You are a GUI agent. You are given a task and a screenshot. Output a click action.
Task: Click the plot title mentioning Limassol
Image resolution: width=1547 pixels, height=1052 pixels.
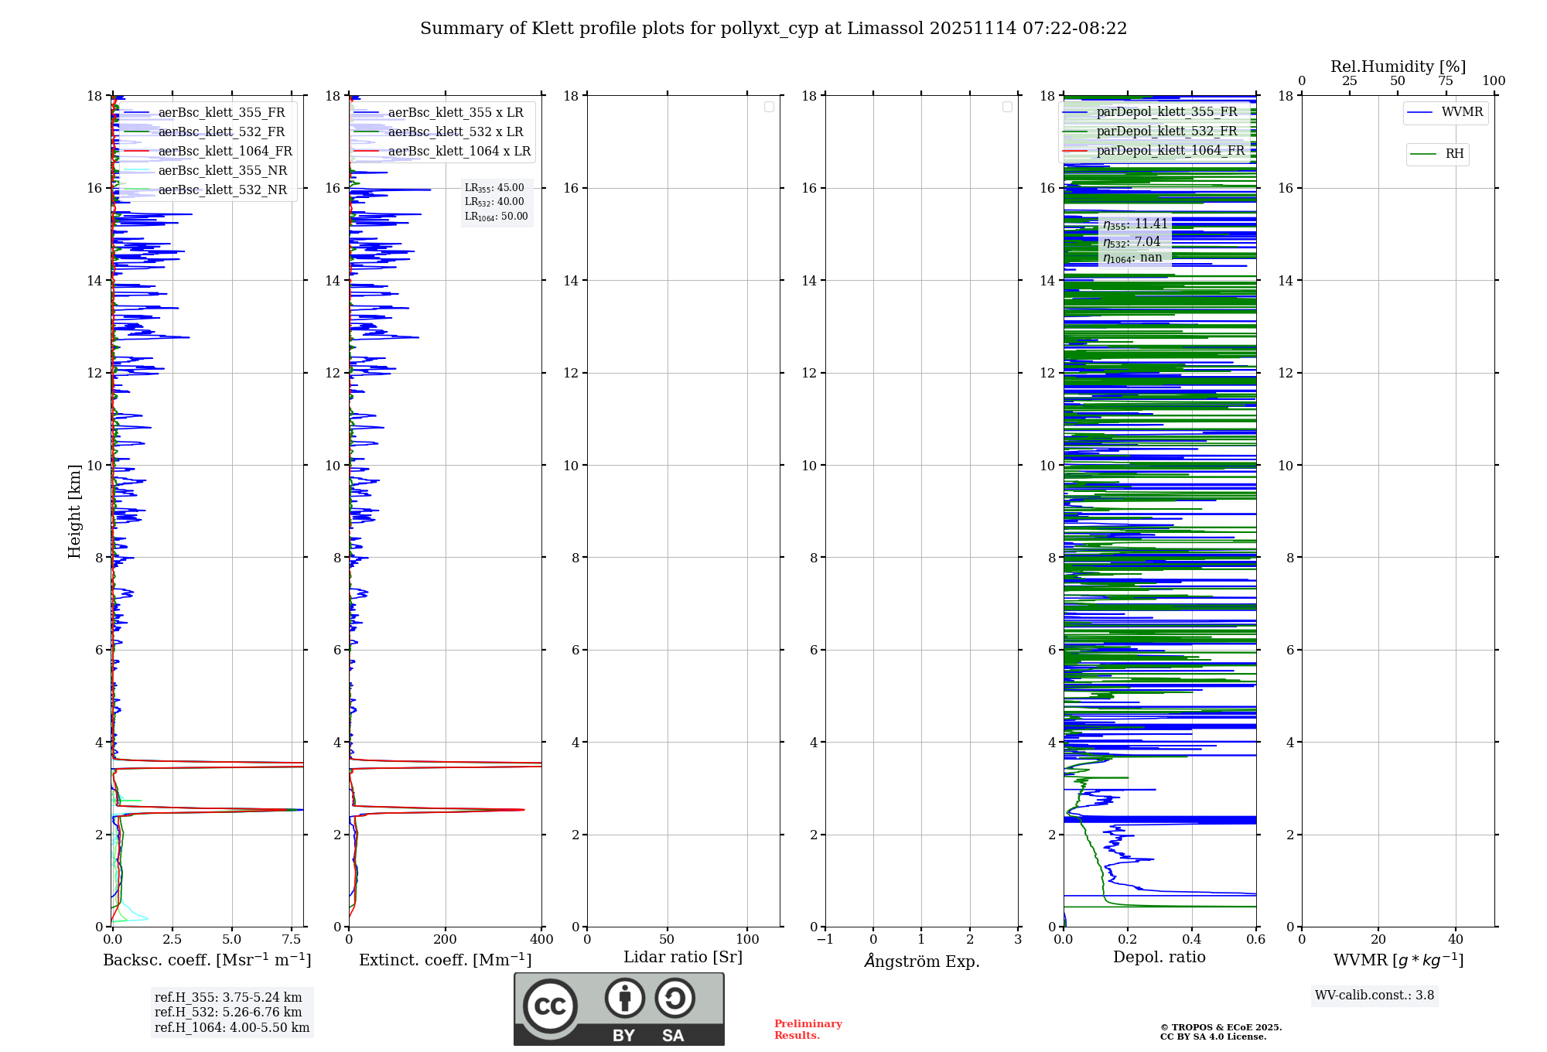773,29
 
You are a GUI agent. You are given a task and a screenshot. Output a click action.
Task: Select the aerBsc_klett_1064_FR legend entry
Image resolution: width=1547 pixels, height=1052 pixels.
224,152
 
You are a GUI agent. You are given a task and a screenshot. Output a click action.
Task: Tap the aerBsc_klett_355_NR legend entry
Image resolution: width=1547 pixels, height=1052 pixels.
222,171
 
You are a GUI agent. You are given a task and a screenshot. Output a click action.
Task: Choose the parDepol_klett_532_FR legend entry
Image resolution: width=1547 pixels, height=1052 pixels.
1166,131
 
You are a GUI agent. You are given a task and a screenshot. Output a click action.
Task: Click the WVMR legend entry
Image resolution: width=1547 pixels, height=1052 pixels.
1461,112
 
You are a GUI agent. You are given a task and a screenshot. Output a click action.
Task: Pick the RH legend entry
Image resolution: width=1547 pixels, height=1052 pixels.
1454,154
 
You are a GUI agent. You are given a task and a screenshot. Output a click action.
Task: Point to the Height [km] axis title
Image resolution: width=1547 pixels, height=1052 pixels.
74,511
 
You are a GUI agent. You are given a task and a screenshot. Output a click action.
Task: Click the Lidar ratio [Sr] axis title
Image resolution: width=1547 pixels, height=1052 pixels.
682,958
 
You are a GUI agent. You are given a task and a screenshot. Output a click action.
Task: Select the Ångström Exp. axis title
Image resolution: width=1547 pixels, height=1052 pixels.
921,961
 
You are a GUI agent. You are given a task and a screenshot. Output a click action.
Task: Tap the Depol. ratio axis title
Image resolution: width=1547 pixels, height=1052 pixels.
1159,958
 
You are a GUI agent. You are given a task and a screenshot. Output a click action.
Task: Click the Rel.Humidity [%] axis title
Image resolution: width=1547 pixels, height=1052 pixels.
1398,67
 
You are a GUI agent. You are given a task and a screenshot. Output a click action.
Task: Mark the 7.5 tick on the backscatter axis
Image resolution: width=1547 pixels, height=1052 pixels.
292,940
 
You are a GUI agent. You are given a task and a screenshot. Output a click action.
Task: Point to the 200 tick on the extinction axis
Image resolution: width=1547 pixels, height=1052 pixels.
445,940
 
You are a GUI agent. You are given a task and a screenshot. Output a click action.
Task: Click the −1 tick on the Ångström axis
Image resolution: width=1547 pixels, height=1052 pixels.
825,940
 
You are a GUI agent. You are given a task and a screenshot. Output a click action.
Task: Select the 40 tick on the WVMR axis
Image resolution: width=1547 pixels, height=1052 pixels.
1455,940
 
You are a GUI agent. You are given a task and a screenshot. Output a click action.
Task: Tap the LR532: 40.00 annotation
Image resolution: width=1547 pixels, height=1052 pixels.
494,202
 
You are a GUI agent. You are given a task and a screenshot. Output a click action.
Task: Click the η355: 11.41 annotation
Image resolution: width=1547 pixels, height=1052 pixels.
1135,224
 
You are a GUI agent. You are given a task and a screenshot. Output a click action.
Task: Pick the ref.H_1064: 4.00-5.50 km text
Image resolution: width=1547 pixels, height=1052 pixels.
232,1028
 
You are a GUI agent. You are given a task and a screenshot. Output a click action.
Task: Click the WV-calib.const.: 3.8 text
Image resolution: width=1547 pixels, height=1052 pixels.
1375,996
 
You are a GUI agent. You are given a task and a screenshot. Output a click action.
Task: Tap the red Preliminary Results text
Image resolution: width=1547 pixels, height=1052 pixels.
808,1030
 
